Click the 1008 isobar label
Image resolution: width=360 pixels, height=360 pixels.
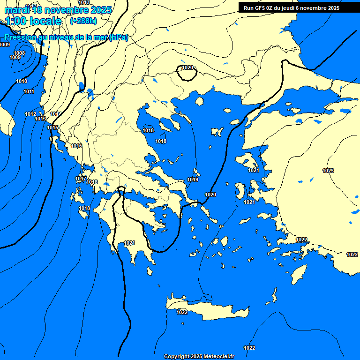pyautogui.click(x=19, y=53)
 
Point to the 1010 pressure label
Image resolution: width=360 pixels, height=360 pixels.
pyautogui.click(x=22, y=81)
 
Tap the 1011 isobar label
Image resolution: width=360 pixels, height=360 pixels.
pyautogui.click(x=29, y=91)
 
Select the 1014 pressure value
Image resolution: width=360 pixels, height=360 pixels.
pyautogui.click(x=56, y=114)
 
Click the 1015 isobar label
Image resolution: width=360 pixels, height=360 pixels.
pyautogui.click(x=52, y=127)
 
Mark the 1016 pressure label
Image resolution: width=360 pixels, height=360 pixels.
pyautogui.click(x=76, y=146)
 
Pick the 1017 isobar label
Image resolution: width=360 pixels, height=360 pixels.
pyautogui.click(x=81, y=179)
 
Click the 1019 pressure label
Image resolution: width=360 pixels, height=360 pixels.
pyautogui.click(x=193, y=180)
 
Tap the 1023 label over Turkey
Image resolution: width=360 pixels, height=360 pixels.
pyautogui.click(x=328, y=171)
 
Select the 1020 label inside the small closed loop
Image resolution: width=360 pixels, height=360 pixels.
pyautogui.click(x=187, y=68)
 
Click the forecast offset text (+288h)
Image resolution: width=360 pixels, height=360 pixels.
pyautogui.click(x=83, y=21)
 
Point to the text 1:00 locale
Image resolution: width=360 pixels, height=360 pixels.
pyautogui.click(x=33, y=21)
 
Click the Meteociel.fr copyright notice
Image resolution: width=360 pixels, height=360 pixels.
pyautogui.click(x=199, y=356)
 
